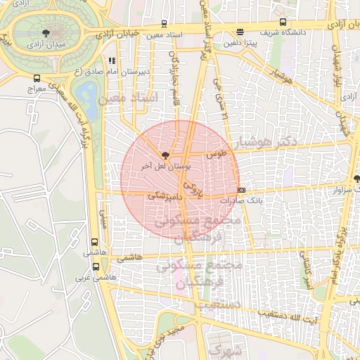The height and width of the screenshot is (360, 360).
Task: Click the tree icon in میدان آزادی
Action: (x=46, y=32)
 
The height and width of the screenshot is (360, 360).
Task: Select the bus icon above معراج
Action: (x=37, y=79)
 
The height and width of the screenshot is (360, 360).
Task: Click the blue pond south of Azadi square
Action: (x=88, y=91)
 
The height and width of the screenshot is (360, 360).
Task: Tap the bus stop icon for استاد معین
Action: (x=165, y=23)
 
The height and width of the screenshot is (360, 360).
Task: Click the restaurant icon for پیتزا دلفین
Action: (x=240, y=32)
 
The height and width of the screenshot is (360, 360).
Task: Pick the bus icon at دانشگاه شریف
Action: (x=283, y=22)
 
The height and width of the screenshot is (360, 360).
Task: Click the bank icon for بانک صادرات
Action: (x=241, y=190)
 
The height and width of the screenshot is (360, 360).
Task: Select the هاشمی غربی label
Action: (x=91, y=278)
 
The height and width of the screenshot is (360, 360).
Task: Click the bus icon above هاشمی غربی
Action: (x=96, y=266)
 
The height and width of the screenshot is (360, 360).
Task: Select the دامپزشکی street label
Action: (x=164, y=199)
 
